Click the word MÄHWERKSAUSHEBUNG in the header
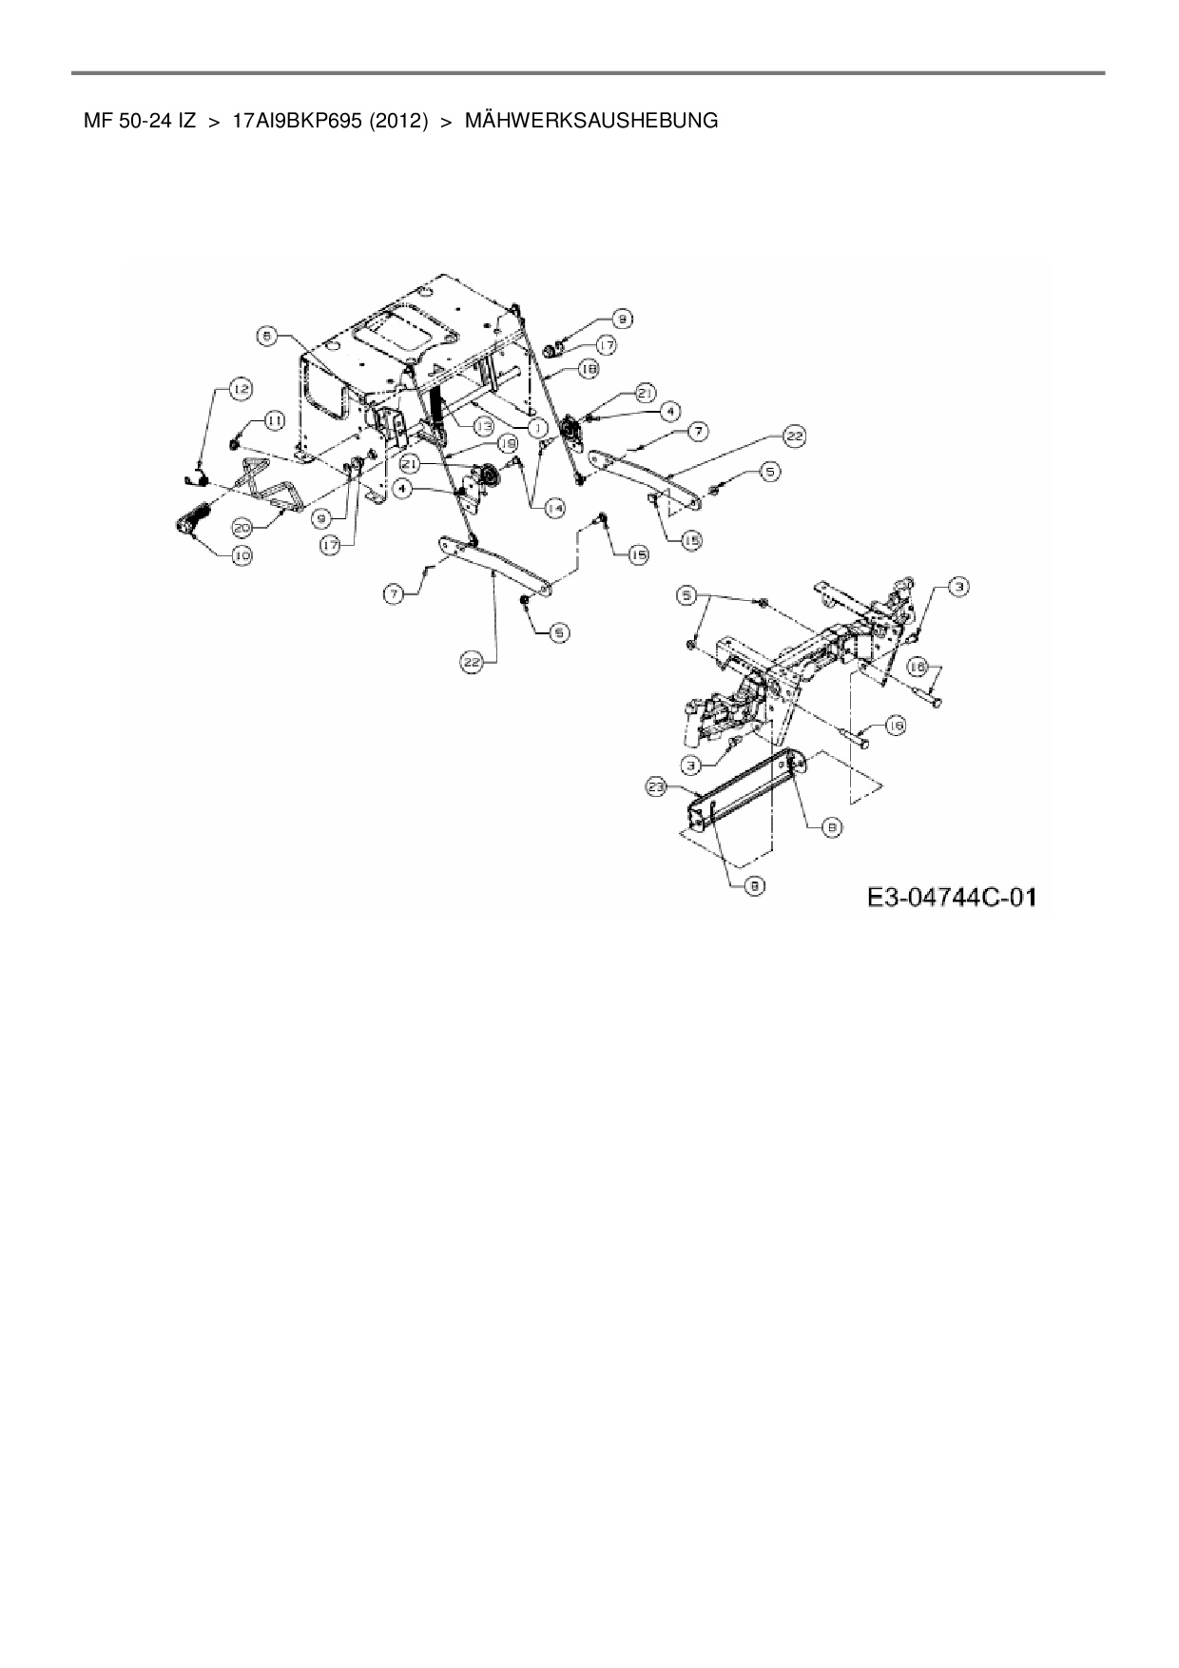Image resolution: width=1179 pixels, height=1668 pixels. [x=591, y=121]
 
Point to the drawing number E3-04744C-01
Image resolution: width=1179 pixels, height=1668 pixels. [x=951, y=897]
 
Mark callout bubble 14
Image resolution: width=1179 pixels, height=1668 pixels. [x=554, y=508]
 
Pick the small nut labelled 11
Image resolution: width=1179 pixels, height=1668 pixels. [x=234, y=443]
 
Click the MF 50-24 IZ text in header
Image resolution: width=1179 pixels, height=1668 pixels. [x=140, y=121]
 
